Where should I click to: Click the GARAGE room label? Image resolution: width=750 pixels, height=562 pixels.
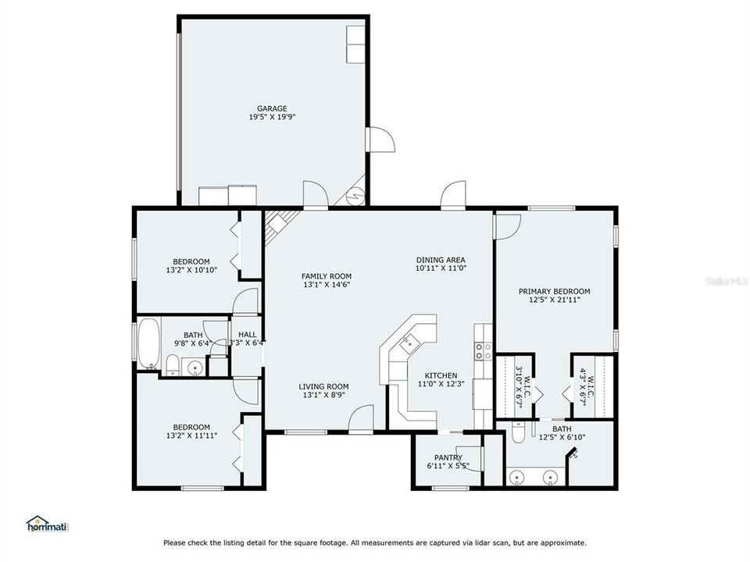[x=273, y=108]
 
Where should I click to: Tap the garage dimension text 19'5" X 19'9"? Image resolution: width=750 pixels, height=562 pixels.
[x=273, y=117]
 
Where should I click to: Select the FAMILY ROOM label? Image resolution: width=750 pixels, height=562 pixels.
[x=327, y=276]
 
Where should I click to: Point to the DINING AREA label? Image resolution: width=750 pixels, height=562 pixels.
[x=441, y=260]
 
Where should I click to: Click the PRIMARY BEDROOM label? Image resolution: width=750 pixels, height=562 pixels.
[x=555, y=291]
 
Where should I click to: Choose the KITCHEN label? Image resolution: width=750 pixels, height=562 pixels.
[x=441, y=375]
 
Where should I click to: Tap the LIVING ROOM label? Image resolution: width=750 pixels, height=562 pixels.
[x=323, y=386]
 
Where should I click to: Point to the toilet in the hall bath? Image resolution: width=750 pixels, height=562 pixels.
[x=173, y=365]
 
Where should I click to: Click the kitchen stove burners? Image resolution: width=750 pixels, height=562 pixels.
[x=481, y=351]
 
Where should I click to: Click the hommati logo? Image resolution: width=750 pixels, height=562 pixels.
[x=48, y=524]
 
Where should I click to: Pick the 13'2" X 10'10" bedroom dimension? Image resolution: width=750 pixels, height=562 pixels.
[x=191, y=270]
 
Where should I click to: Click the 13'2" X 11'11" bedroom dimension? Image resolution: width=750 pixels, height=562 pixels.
[x=191, y=436]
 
